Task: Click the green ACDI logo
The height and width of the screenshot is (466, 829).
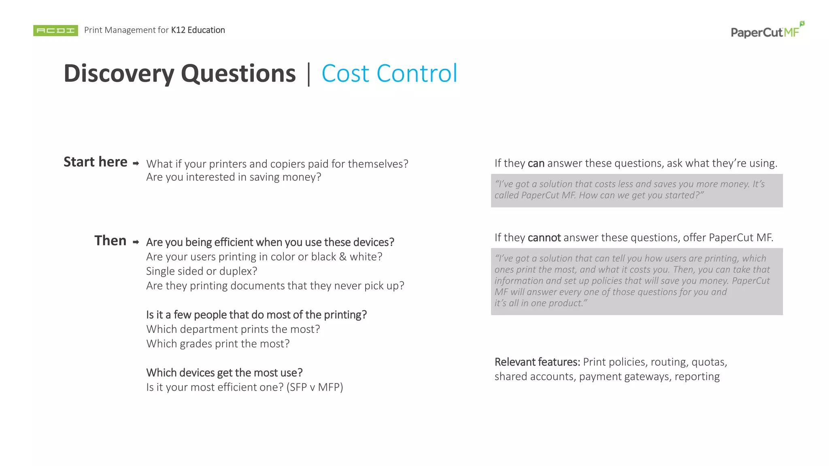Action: (x=55, y=30)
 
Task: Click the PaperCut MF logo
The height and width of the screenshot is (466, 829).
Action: (x=767, y=31)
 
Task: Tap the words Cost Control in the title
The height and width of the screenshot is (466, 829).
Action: (x=389, y=74)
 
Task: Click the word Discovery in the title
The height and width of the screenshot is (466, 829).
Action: (x=119, y=74)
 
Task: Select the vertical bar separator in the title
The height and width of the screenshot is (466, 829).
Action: (x=309, y=74)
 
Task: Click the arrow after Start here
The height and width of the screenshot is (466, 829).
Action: (x=136, y=163)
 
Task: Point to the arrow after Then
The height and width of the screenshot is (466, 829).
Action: (x=136, y=242)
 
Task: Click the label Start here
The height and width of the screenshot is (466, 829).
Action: (x=96, y=162)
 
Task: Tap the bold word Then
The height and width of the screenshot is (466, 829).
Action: (x=110, y=241)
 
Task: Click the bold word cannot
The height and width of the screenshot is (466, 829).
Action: (x=544, y=237)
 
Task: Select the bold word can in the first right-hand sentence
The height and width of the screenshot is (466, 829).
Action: (x=536, y=163)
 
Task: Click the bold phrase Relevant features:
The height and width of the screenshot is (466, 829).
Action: (x=537, y=362)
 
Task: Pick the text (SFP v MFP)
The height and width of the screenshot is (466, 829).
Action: (x=315, y=387)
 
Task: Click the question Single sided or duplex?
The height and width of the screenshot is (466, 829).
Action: (x=202, y=271)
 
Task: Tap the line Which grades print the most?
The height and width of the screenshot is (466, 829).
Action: (x=218, y=343)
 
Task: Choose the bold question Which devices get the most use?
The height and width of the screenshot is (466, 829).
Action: (x=224, y=373)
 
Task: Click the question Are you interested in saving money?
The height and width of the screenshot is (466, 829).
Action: (x=234, y=177)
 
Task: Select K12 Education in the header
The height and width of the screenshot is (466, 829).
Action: (x=198, y=30)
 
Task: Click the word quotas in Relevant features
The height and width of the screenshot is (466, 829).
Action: (x=708, y=362)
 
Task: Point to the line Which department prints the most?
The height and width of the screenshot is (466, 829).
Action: (x=233, y=329)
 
